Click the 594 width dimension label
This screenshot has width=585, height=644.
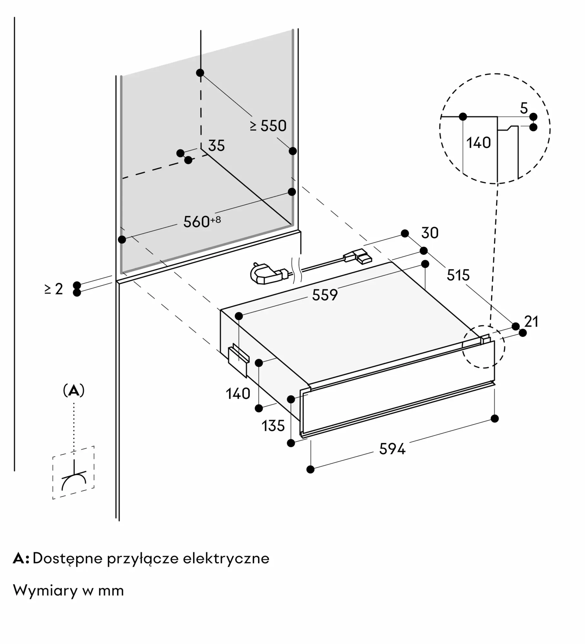(392, 449)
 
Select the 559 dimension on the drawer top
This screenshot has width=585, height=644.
(325, 295)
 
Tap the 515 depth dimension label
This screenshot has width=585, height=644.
(458, 275)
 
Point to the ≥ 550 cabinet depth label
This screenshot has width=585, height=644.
(268, 126)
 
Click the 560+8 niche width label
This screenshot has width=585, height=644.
(202, 222)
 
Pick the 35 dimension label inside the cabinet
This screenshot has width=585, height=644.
(216, 146)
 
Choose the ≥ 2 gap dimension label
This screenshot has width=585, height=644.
(54, 289)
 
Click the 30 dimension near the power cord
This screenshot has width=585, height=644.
(430, 233)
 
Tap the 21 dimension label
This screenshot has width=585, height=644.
(531, 322)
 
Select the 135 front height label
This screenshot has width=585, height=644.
(273, 426)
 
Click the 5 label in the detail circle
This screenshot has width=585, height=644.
(524, 108)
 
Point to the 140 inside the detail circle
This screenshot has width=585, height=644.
(479, 143)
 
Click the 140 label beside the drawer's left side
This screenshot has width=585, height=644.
(238, 394)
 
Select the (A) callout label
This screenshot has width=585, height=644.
(74, 391)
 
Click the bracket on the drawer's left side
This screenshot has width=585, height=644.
(239, 360)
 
